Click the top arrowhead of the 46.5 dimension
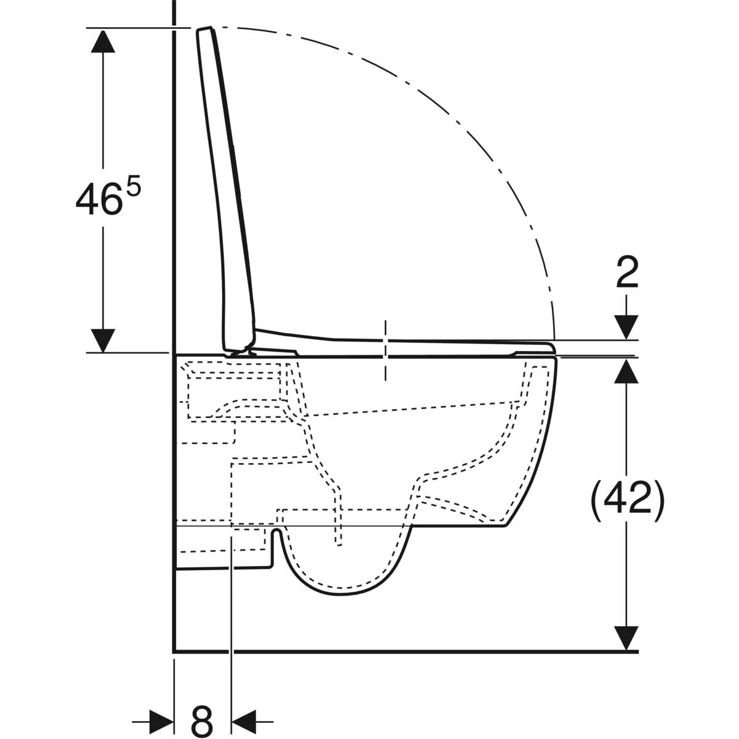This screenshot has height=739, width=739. point(103,41)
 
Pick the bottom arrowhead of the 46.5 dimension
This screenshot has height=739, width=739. point(103,340)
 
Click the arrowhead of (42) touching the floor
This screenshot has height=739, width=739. point(627,638)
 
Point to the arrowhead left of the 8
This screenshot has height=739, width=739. point(161,718)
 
